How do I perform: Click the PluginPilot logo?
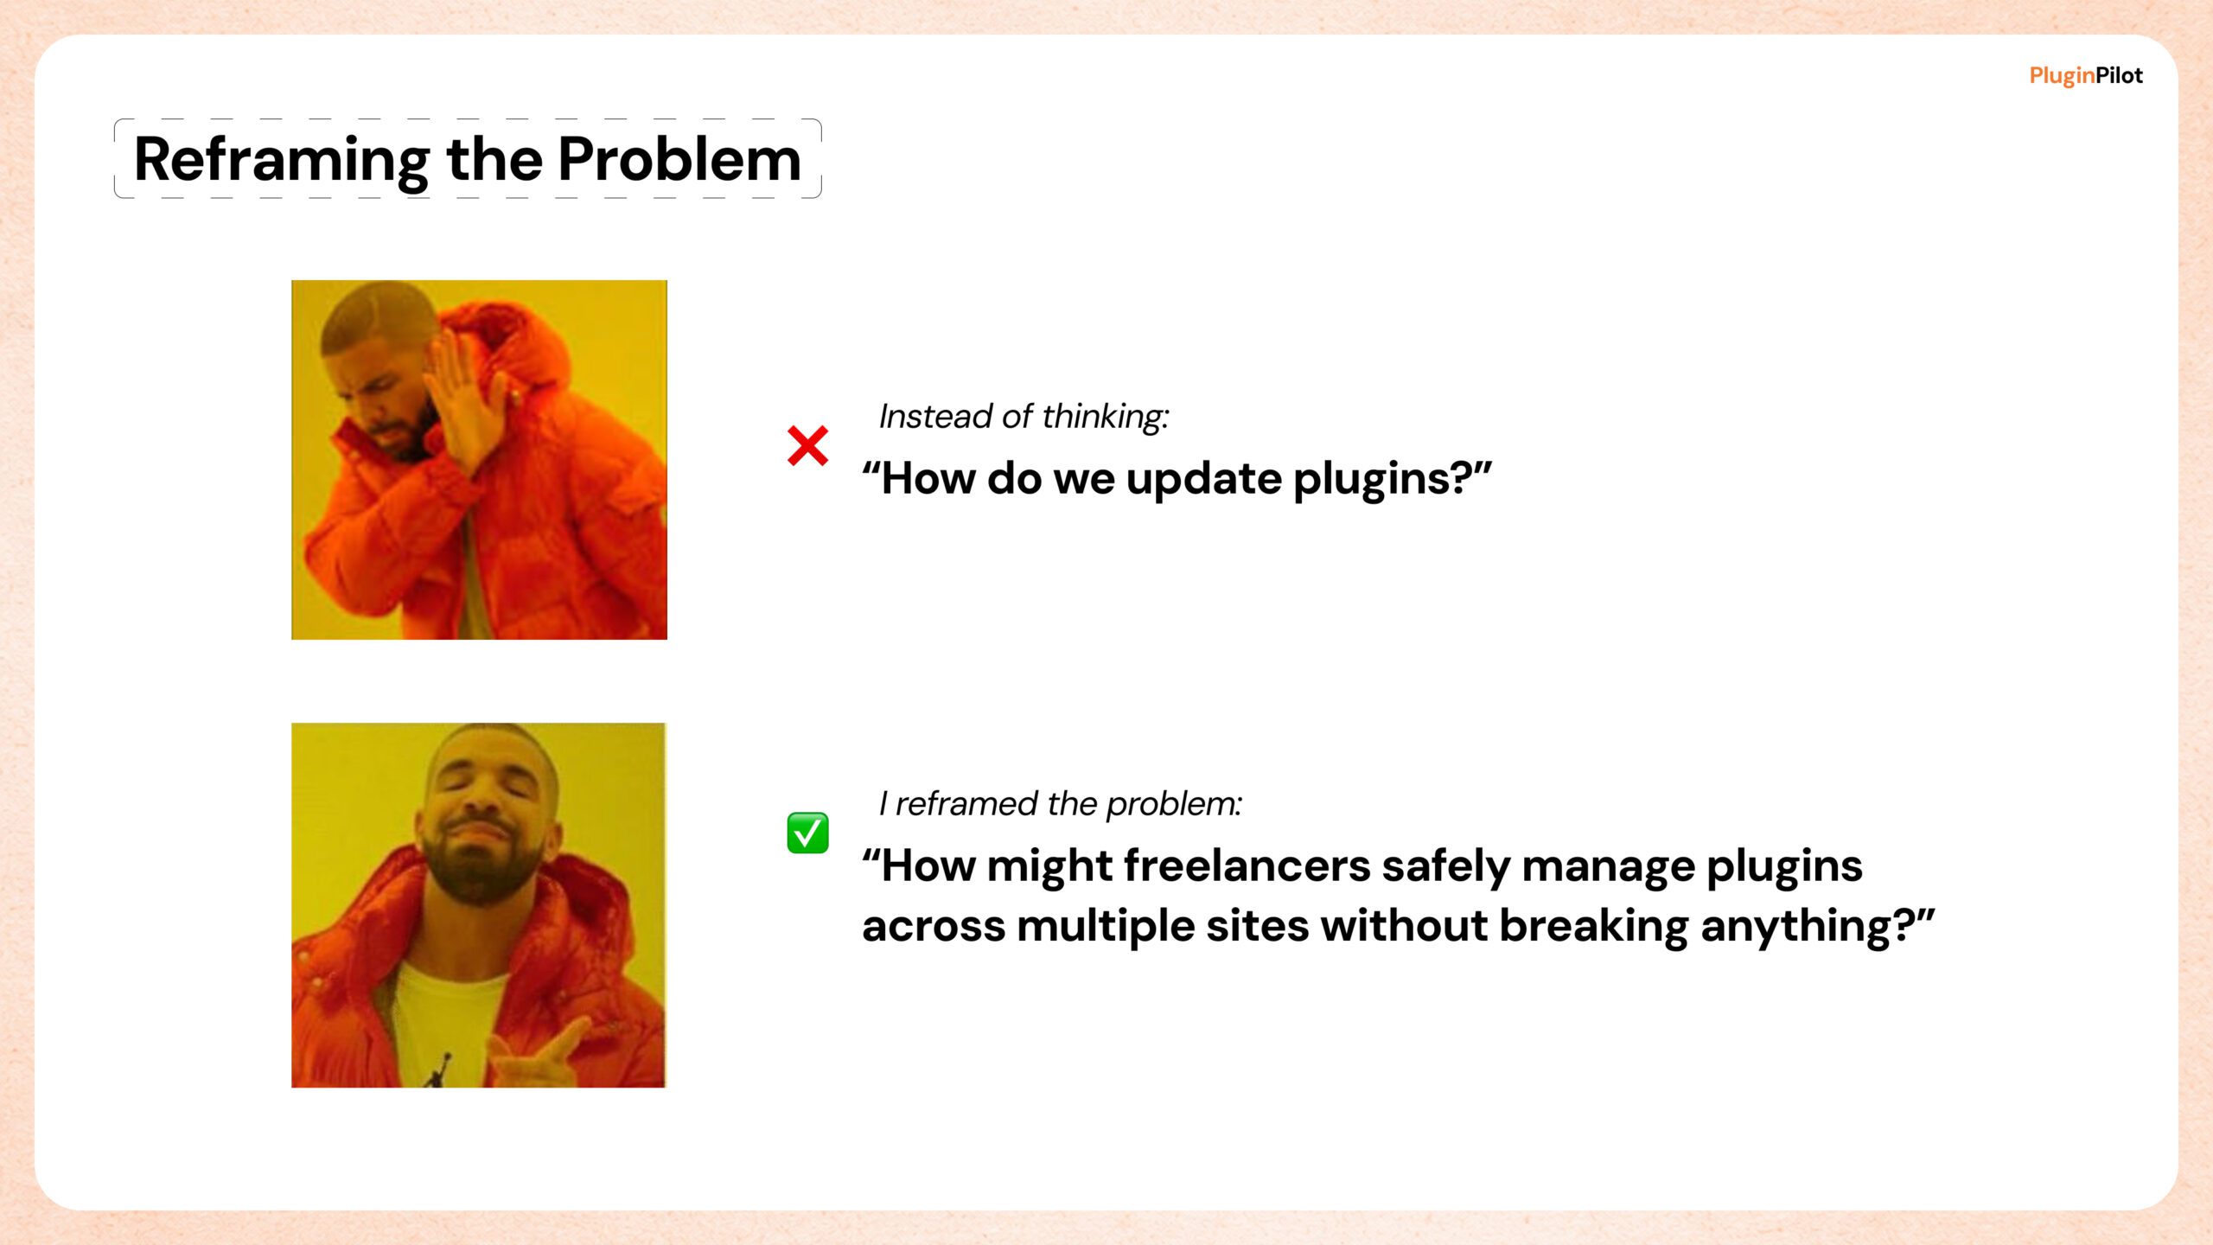tap(2086, 76)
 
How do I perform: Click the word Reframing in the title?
tap(282, 162)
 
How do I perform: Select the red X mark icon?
tap(807, 445)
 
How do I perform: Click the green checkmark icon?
tap(807, 833)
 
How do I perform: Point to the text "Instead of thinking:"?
tap(1024, 417)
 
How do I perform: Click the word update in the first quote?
tap(1203, 479)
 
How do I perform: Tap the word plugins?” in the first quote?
tap(1393, 479)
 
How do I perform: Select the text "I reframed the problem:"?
tap(1060, 804)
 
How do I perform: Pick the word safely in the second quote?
tap(1445, 867)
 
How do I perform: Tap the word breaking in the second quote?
tap(1593, 928)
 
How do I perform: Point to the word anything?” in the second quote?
tap(1817, 928)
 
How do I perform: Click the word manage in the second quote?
tap(1608, 867)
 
